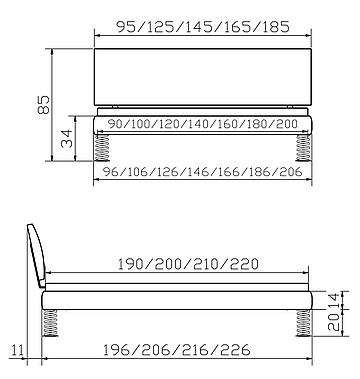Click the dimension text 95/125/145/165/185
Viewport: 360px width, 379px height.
click(x=203, y=27)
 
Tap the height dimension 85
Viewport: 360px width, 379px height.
click(x=44, y=105)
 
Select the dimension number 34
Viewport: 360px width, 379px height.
click(x=67, y=139)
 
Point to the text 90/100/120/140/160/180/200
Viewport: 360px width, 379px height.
click(x=203, y=124)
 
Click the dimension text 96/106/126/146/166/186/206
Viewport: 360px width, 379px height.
click(x=202, y=172)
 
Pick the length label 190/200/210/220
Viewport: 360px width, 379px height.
click(x=188, y=264)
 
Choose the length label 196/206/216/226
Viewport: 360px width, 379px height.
click(x=176, y=350)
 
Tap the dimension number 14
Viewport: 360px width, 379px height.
click(x=334, y=300)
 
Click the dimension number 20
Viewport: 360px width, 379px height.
click(x=334, y=322)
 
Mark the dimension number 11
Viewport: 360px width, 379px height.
click(x=17, y=350)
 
